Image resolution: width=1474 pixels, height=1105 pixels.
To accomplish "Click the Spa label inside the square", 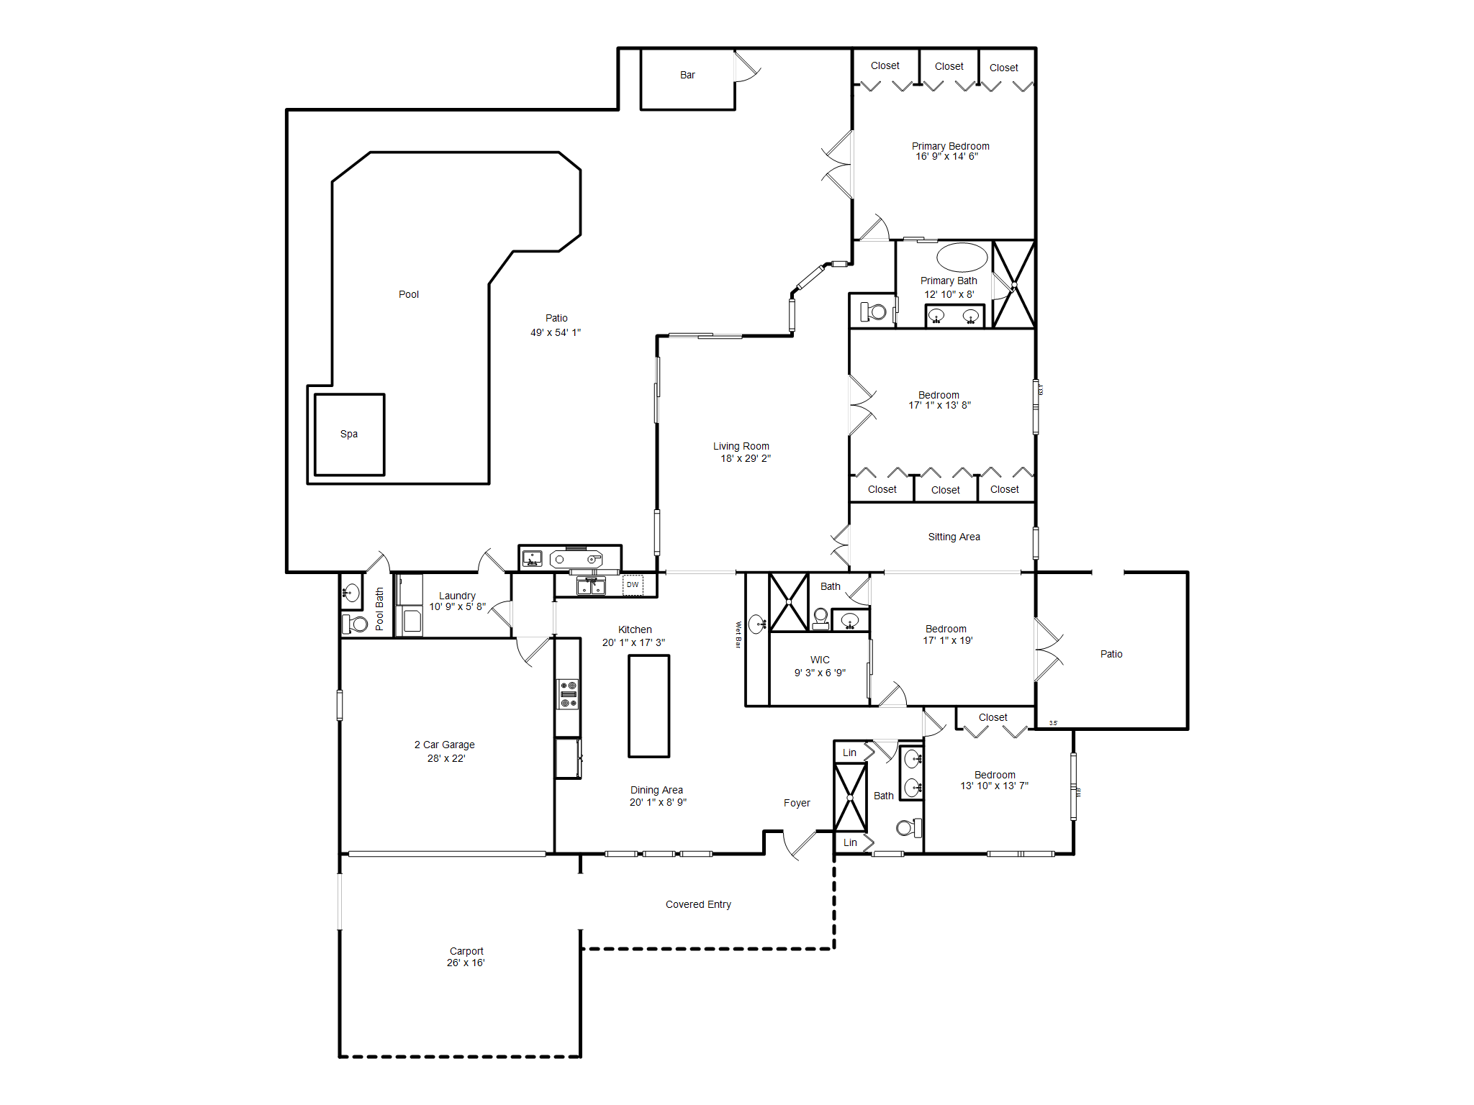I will pos(349,434).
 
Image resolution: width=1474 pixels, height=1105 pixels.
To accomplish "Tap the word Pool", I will pos(409,294).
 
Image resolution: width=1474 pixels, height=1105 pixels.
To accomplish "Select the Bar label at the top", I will pos(687,75).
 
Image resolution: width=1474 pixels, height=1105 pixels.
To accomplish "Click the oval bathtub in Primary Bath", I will pos(962,257).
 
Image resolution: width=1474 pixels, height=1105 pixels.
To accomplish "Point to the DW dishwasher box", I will pos(633,585).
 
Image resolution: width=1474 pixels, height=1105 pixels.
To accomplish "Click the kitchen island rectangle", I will pos(648,706).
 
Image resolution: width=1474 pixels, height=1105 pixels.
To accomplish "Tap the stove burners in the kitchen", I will pos(569,694).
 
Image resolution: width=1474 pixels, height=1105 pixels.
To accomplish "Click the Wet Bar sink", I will pos(756,624).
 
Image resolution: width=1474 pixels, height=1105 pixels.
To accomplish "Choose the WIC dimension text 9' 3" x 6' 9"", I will pos(820,673).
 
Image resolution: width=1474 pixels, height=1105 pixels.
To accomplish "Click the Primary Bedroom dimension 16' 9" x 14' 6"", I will pos(946,157).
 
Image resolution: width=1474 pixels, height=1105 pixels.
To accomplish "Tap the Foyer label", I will pos(797,803).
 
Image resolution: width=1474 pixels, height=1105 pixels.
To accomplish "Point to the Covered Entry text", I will pos(698,904).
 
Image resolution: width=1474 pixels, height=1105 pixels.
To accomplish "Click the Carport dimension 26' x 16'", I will pos(466,963).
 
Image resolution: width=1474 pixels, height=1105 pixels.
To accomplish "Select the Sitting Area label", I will pos(954,537).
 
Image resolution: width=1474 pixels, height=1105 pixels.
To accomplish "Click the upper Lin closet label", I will pos(849,752).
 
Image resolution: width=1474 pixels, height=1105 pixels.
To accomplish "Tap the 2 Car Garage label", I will pos(444,745).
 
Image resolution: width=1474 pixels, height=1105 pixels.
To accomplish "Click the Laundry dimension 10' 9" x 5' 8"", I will pos(457,606).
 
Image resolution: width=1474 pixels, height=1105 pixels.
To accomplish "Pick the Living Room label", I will pos(741,446).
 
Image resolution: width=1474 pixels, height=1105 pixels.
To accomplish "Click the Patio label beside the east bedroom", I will pos(1111,654).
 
